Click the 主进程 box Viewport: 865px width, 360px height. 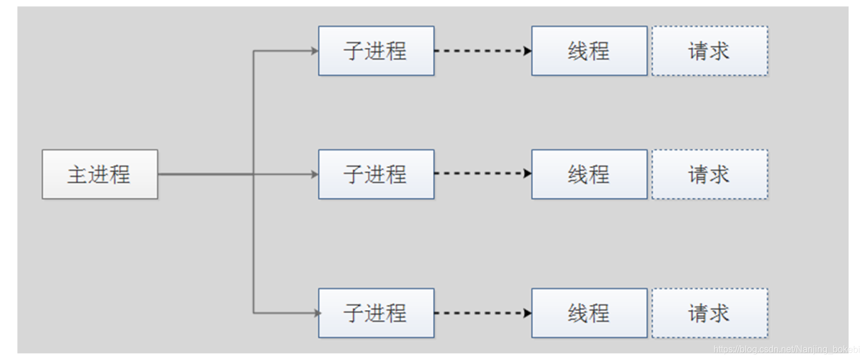coord(100,174)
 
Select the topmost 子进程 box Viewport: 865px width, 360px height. coord(376,50)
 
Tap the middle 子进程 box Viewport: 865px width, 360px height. coord(376,174)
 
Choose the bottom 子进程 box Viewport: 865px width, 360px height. coord(376,312)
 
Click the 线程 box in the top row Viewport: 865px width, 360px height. coord(589,50)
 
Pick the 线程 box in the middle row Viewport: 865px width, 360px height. coord(589,174)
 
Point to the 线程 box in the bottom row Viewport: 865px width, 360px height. coord(589,312)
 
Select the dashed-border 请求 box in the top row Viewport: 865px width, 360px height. coord(709,50)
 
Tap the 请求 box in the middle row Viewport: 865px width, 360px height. coord(709,174)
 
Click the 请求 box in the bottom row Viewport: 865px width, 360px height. coord(709,312)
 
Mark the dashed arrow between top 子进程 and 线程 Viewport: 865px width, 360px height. coord(482,50)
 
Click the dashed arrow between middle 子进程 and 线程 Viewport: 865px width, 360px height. coord(482,173)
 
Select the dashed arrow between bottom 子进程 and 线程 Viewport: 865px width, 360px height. coord(482,312)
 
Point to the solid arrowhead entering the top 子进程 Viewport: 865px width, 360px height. coord(315,50)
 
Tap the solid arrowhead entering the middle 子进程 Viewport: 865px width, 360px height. coord(315,174)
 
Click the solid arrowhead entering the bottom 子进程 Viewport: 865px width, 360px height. coord(315,312)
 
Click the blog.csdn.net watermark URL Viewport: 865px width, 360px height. coord(786,349)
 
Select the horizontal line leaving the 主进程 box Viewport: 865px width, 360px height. coord(204,174)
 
